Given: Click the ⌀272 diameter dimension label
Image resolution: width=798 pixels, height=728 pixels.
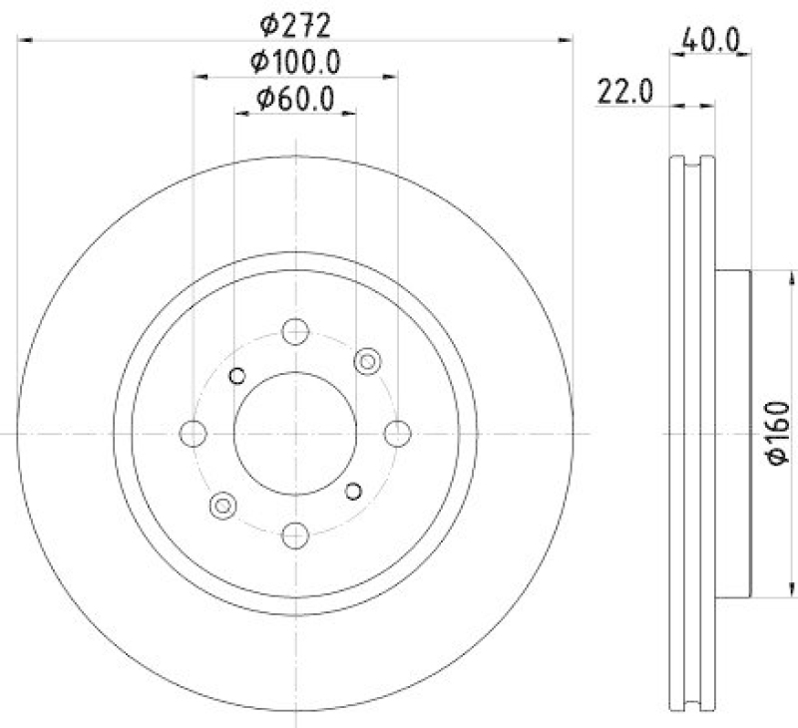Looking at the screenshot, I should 296,21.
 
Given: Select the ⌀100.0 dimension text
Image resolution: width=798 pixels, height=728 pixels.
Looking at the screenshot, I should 296,61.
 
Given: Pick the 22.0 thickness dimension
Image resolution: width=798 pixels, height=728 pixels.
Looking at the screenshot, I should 624,91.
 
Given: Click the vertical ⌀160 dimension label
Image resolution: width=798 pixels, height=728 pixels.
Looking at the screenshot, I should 778,431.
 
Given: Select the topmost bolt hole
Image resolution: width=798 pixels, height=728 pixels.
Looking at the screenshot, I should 295,331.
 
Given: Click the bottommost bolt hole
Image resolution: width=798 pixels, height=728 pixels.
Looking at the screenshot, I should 295,536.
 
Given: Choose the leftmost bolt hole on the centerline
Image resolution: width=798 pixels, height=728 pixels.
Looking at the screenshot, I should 193,433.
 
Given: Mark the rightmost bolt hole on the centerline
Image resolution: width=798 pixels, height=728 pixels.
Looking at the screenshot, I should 398,433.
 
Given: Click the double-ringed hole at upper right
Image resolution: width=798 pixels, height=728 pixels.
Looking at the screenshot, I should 368,361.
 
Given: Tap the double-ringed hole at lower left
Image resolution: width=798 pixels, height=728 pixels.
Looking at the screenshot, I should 222,506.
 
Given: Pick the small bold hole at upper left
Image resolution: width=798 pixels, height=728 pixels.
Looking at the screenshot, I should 236,375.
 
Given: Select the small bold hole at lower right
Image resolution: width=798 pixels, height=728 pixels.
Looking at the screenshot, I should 352,490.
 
